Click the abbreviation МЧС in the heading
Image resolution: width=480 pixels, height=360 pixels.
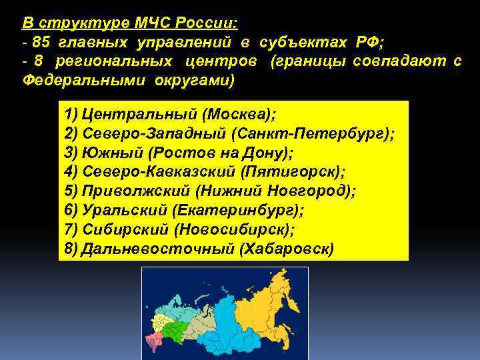pyautogui.click(x=152, y=24)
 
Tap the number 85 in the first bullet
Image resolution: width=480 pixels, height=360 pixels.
pyautogui.click(x=42, y=43)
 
